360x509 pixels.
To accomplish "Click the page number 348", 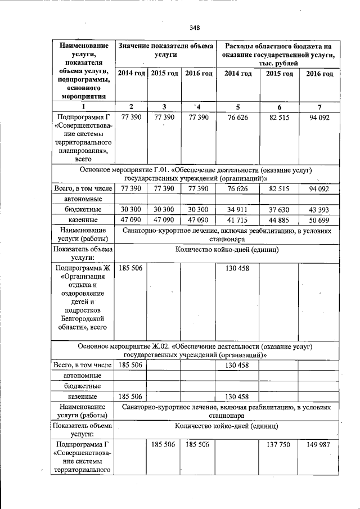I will point(195,28).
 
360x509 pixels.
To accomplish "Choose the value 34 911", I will point(237,209).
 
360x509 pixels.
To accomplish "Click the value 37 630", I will point(278,209).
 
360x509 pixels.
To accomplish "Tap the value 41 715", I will point(237,219).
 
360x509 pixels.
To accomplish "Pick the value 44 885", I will point(278,219).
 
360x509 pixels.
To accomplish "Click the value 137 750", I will point(278,444).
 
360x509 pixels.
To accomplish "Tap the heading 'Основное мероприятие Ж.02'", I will point(195,351).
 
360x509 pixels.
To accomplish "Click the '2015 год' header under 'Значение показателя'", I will point(164,74).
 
